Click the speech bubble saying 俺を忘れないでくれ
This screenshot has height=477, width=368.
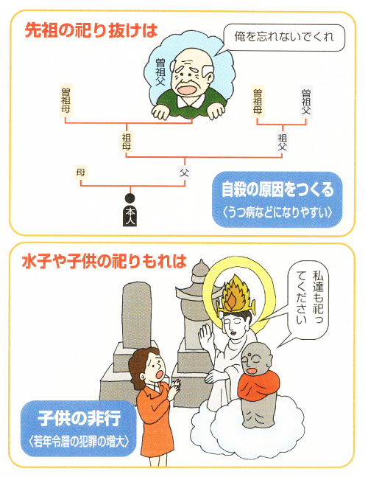[x=284, y=37]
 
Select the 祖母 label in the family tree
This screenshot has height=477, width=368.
[x=127, y=142]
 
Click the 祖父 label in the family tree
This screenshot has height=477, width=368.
[x=282, y=142]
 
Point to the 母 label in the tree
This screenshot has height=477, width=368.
[x=80, y=173]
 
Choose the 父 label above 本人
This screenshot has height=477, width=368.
[x=185, y=173]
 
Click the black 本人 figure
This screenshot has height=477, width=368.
[x=130, y=210]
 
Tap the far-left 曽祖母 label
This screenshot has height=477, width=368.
[x=66, y=101]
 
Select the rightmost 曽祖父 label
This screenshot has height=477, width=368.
[x=305, y=101]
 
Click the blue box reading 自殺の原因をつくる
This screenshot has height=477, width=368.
[x=277, y=199]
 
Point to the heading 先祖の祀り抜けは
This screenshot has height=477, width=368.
[x=91, y=31]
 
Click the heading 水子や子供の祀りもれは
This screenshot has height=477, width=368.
[x=105, y=261]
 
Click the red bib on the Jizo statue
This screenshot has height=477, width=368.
[x=258, y=385]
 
